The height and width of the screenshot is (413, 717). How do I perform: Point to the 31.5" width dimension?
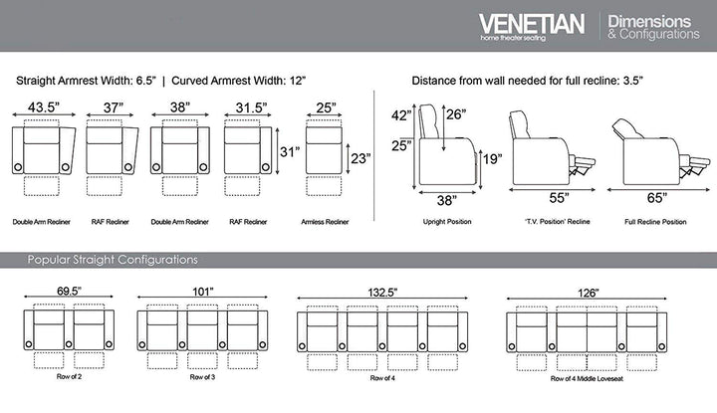point(244,107)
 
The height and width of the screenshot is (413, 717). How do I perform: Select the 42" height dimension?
point(401,114)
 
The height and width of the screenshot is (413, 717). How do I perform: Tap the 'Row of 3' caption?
point(202,378)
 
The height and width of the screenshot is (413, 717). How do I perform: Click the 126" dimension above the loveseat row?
point(588,293)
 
